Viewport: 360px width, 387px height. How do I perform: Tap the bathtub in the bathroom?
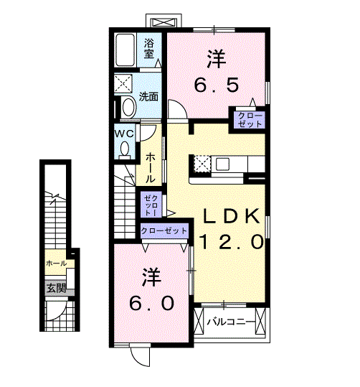[125, 50]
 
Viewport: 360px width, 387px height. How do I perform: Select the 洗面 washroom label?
[148, 96]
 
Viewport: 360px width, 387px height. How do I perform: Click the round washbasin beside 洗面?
[128, 107]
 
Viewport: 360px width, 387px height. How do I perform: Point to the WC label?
[125, 134]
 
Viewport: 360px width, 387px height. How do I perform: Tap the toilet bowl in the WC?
[125, 149]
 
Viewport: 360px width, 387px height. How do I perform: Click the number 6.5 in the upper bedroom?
[217, 85]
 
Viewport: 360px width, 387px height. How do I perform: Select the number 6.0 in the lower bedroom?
[152, 303]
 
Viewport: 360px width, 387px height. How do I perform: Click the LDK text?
[232, 216]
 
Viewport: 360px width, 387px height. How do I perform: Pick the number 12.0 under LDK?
[232, 242]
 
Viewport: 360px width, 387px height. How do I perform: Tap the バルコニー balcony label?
[230, 322]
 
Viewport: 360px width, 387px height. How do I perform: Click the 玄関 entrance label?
[57, 288]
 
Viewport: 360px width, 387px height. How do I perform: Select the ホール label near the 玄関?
[57, 263]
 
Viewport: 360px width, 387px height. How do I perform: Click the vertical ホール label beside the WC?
[150, 168]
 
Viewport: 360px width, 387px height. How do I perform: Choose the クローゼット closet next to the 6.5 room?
[250, 120]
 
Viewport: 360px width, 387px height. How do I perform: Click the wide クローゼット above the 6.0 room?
[164, 230]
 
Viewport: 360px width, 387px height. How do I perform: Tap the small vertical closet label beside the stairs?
[151, 205]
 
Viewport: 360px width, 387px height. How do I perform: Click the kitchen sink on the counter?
[222, 164]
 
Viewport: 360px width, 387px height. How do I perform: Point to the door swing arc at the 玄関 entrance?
[60, 313]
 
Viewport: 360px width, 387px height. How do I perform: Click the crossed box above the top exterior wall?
[164, 22]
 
